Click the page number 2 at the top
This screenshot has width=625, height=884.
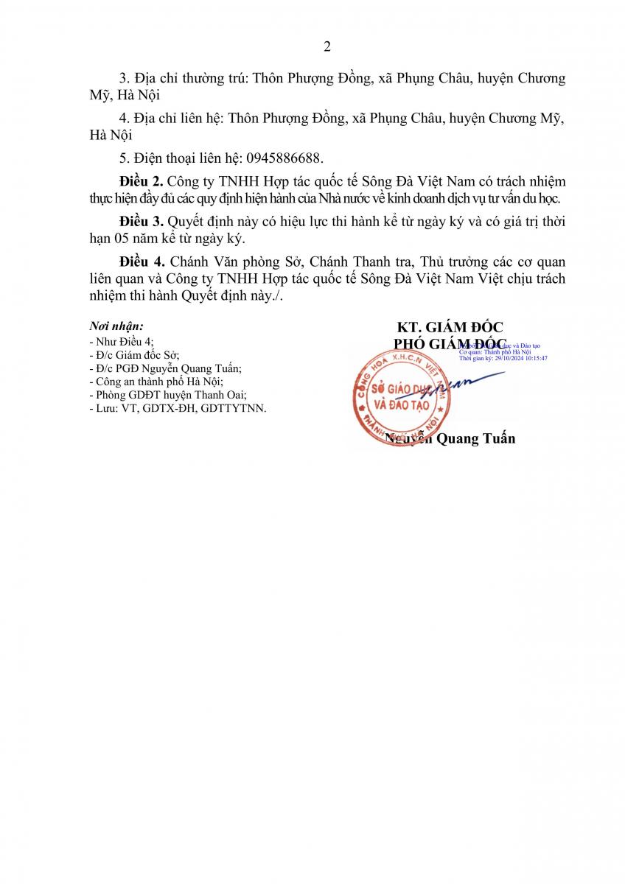click(x=327, y=47)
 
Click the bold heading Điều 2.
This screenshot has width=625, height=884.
click(x=141, y=180)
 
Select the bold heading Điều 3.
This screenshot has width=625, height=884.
click(x=141, y=221)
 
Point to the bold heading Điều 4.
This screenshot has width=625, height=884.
click(x=141, y=262)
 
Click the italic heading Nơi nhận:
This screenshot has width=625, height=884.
click(x=116, y=326)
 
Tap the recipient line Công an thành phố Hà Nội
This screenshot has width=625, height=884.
click(x=155, y=382)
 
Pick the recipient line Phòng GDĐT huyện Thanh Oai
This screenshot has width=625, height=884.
click(x=167, y=395)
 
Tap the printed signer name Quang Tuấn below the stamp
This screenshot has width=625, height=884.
click(x=476, y=439)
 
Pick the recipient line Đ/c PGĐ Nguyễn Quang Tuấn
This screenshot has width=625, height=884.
click(x=164, y=368)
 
